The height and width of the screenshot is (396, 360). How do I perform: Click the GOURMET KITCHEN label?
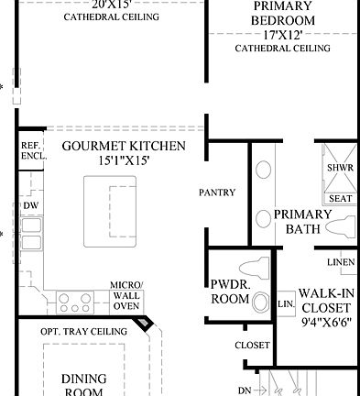(124, 146)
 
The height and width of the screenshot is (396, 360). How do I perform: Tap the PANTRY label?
(218, 193)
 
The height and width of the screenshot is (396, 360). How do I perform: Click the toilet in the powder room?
(260, 302)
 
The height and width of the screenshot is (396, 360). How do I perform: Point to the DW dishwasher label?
(30, 205)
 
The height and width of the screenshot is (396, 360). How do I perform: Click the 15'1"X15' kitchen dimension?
(124, 161)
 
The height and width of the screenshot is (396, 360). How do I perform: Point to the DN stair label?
(245, 390)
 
